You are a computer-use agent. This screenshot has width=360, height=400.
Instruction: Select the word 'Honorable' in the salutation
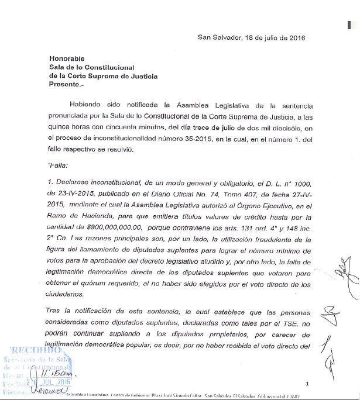tap(67, 58)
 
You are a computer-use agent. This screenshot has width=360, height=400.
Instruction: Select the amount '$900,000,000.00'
tap(115, 216)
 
